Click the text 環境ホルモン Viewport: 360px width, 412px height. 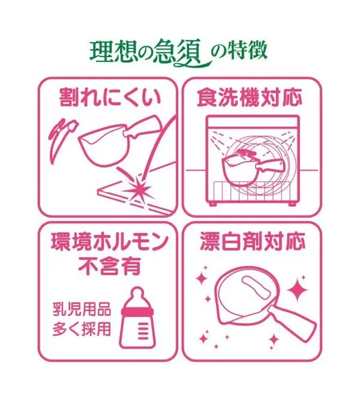click(x=109, y=241)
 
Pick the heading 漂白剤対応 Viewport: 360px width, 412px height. click(x=253, y=241)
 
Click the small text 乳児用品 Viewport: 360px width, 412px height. click(x=82, y=309)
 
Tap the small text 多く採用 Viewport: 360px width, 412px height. click(x=82, y=329)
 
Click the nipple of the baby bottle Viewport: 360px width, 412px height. click(x=137, y=295)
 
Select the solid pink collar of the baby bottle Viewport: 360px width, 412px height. click(x=137, y=312)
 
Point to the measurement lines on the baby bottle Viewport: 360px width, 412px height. click(x=143, y=330)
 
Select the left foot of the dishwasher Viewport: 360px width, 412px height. click(x=212, y=204)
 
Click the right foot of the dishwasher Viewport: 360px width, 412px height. click(x=292, y=204)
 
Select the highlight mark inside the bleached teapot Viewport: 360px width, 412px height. click(x=255, y=288)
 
